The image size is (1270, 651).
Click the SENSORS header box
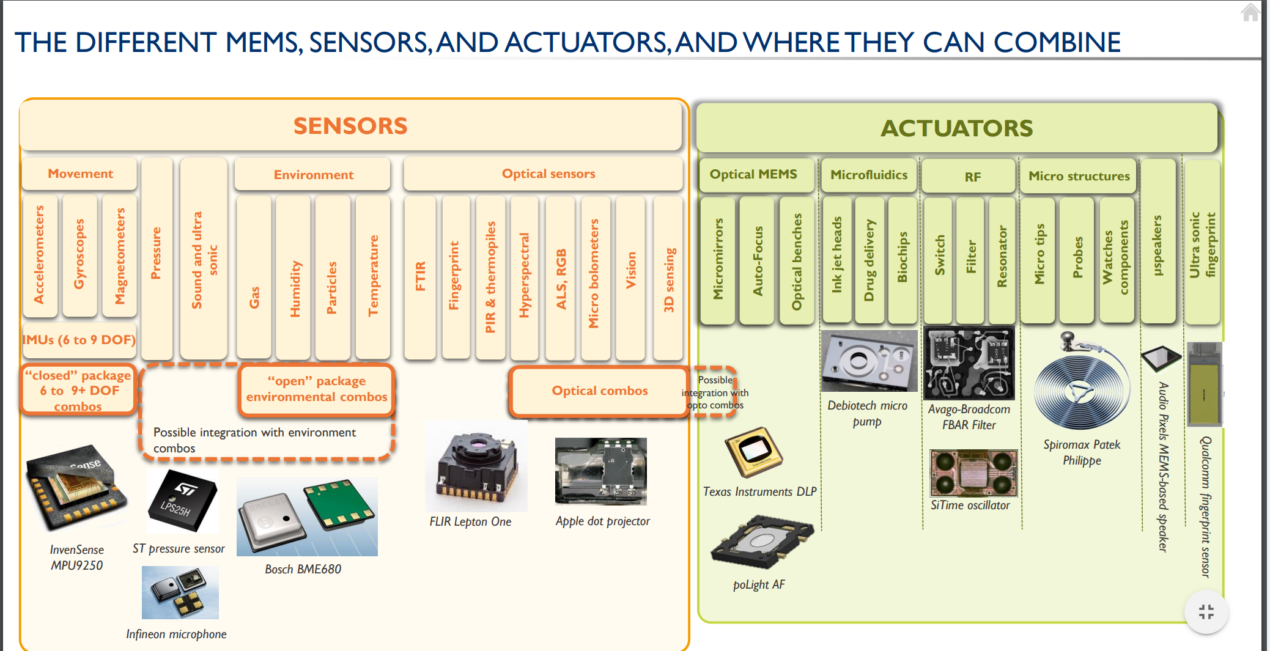pyautogui.click(x=350, y=125)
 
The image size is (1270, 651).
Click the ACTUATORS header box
pyautogui.click(x=957, y=128)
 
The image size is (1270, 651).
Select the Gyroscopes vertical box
pyautogui.click(x=79, y=255)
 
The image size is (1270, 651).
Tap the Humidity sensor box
pyautogui.click(x=294, y=277)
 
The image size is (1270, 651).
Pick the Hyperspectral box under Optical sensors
pyautogui.click(x=524, y=277)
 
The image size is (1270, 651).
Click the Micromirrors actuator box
pyautogui.click(x=717, y=260)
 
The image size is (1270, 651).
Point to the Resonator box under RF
pyautogui.click(x=1002, y=260)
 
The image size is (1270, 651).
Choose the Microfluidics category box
pyautogui.click(x=869, y=175)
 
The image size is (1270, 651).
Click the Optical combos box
pyautogui.click(x=599, y=391)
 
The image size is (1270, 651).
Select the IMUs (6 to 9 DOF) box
pyautogui.click(x=79, y=340)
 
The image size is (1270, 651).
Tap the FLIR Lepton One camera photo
pyautogui.click(x=476, y=466)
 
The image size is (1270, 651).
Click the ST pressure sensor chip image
pyautogui.click(x=182, y=501)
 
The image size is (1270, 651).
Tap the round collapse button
pyautogui.click(x=1206, y=612)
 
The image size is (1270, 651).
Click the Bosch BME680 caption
pyautogui.click(x=303, y=569)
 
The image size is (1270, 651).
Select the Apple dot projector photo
pyautogui.click(x=600, y=471)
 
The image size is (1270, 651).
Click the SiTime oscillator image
pyautogui.click(x=973, y=473)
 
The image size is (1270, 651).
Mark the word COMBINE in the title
pyautogui.click(x=1057, y=42)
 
